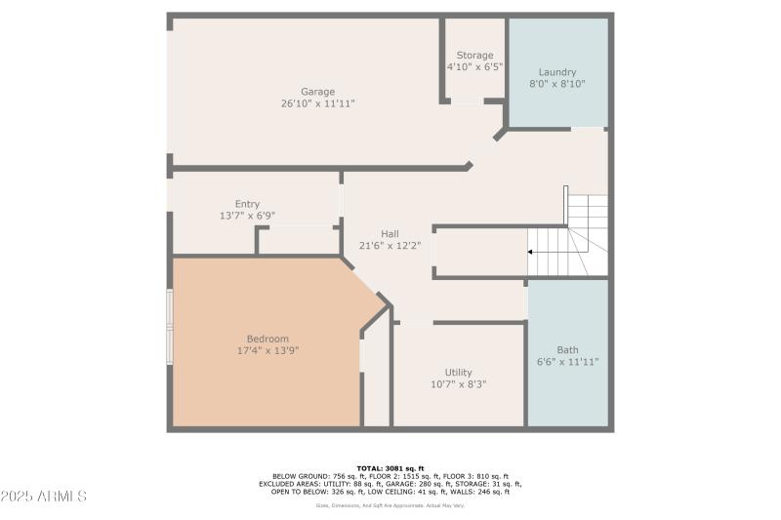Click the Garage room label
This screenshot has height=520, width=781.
(317, 91)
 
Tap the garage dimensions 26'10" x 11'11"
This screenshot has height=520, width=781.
(317, 102)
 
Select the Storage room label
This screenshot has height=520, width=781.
(475, 56)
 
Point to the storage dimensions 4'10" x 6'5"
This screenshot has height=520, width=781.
(474, 67)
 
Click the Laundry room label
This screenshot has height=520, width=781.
(557, 72)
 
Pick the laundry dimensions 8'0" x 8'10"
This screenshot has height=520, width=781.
(557, 85)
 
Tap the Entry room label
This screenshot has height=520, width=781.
(247, 204)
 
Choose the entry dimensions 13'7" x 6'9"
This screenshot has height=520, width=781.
(247, 216)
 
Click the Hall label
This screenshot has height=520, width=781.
(390, 233)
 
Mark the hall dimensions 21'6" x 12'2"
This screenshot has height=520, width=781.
(390, 246)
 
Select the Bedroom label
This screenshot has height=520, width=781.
(267, 339)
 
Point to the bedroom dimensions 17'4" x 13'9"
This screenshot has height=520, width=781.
(267, 350)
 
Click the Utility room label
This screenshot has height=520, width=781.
(458, 373)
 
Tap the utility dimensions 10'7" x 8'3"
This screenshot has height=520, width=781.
(458, 384)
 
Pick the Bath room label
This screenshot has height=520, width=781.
(567, 350)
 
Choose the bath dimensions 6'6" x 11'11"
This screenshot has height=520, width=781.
(567, 362)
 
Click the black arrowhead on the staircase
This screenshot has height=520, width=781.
(530, 252)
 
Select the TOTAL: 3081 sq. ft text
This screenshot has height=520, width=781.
(390, 467)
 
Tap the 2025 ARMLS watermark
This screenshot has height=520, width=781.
(44, 497)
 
